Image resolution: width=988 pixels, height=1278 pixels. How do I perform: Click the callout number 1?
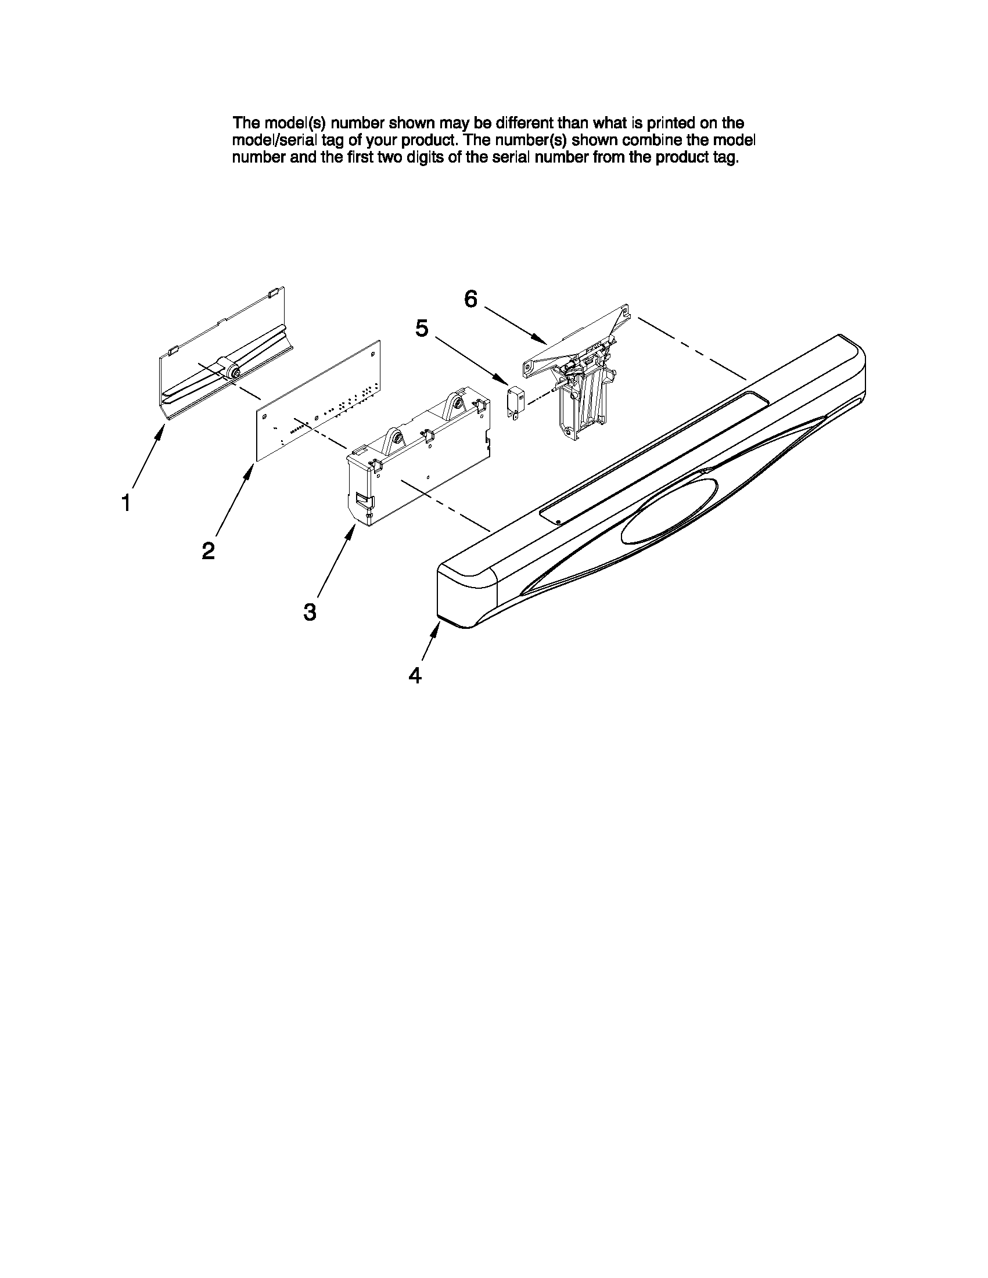point(126,503)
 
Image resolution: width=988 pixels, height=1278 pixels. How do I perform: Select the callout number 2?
point(208,550)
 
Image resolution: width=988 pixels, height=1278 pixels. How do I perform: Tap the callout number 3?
point(310,612)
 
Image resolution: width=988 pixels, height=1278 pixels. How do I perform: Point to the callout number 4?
point(414,676)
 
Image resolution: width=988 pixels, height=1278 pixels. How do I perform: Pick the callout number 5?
point(422,329)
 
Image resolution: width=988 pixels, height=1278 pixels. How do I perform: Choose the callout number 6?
point(470,300)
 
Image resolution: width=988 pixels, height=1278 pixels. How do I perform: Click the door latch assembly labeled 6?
point(577,380)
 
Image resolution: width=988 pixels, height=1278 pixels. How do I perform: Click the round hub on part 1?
point(233,371)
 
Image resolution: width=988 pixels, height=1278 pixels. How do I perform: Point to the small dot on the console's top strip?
point(558,520)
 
